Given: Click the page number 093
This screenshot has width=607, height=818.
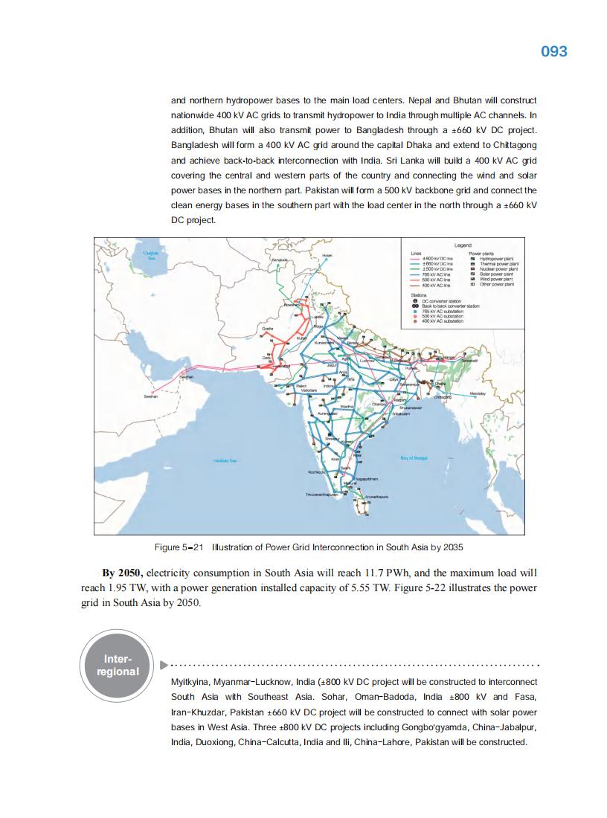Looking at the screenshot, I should click(x=553, y=51).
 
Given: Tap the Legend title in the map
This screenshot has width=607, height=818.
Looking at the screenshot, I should click(x=463, y=245).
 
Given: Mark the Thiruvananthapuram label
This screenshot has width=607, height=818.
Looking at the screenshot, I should click(x=323, y=494).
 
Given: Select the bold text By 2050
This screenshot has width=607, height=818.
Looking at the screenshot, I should click(x=123, y=573).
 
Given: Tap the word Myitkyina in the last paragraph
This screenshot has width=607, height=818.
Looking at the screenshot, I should click(x=190, y=682).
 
